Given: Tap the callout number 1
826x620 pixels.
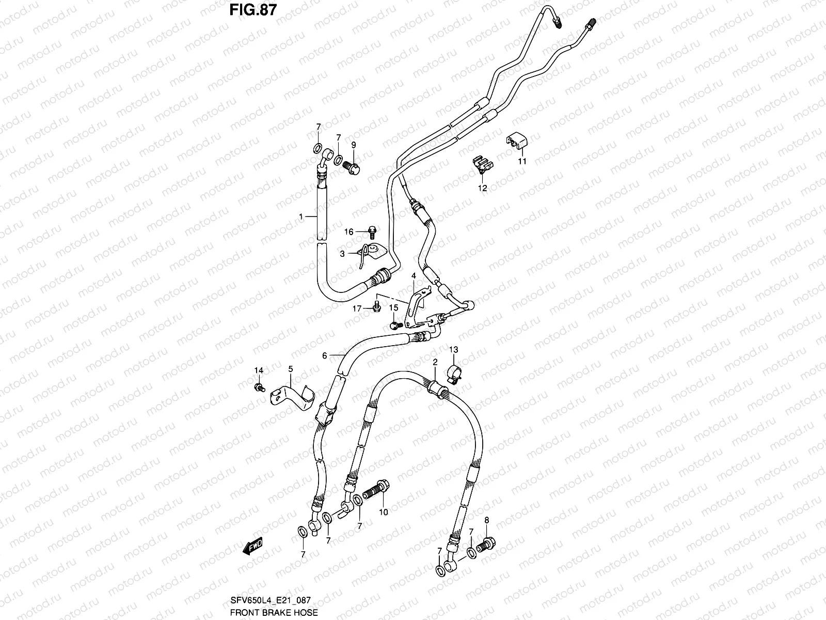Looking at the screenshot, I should [301, 217].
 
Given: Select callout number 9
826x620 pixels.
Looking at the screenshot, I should [354, 144].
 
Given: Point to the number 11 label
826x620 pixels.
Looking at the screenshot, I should [522, 161].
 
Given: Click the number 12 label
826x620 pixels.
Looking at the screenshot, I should [482, 188].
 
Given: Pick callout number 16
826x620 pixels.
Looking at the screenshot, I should [349, 232].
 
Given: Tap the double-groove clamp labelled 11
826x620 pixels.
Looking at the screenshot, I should [515, 140].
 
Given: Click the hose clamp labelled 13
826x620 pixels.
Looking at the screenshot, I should [453, 373].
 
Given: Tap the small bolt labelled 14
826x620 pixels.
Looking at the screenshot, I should [260, 387].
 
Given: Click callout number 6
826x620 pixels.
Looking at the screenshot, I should [325, 355].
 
